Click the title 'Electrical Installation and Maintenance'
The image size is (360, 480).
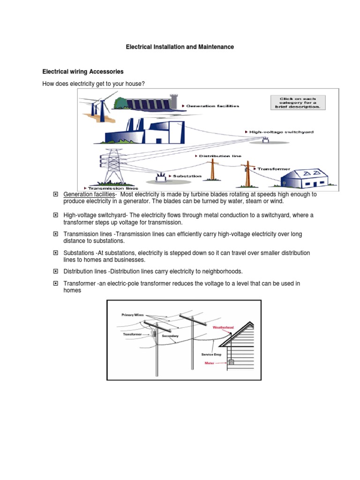180,47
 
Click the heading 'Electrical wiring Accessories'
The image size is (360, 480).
83,72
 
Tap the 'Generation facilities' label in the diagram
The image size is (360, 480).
212,106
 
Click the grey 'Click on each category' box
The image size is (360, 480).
298,103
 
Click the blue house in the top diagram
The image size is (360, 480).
305,179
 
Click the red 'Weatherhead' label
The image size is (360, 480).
223,328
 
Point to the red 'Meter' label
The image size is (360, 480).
210,363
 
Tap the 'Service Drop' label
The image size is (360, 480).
211,354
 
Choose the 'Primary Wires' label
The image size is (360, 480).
133,315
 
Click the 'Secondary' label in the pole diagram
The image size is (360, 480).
170,336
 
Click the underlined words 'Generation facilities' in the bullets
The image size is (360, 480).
89,195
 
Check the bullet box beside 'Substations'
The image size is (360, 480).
55,253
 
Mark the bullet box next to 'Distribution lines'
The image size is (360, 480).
55,271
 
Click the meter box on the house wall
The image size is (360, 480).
232,362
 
